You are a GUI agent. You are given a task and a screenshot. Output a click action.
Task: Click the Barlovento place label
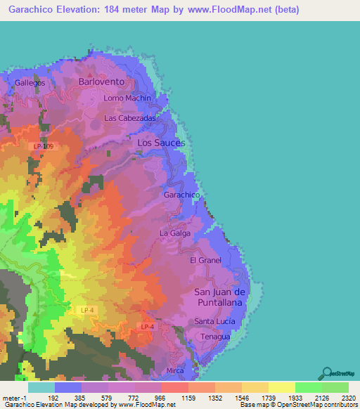(102, 82)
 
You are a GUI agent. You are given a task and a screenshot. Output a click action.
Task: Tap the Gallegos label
(30, 82)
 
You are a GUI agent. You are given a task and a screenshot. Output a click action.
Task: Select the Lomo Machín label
(127, 98)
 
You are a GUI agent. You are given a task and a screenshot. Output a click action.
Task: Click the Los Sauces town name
(161, 143)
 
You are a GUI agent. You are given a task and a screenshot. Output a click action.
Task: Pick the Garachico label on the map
(182, 195)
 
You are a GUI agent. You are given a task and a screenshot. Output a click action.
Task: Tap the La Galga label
(175, 233)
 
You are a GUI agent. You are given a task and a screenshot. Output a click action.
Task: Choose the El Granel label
(205, 260)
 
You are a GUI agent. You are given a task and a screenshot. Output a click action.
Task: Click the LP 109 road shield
(43, 146)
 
